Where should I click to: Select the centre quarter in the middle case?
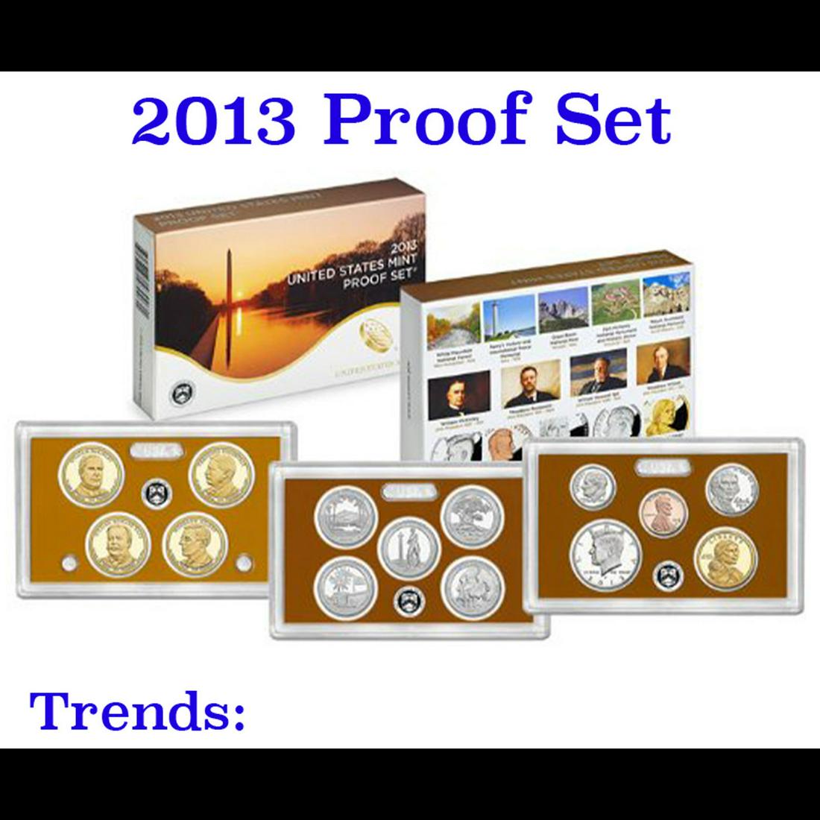click(403, 549)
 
